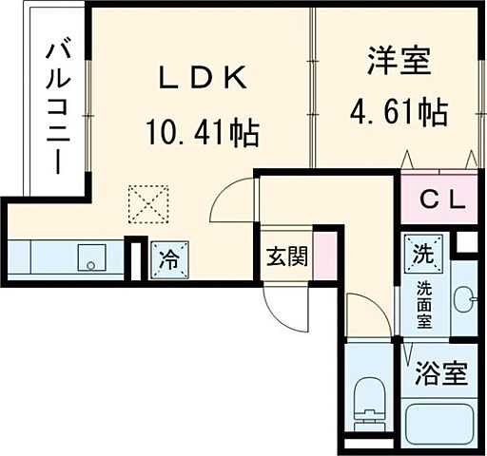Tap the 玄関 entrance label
(285, 256)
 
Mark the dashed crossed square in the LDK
(147, 202)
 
